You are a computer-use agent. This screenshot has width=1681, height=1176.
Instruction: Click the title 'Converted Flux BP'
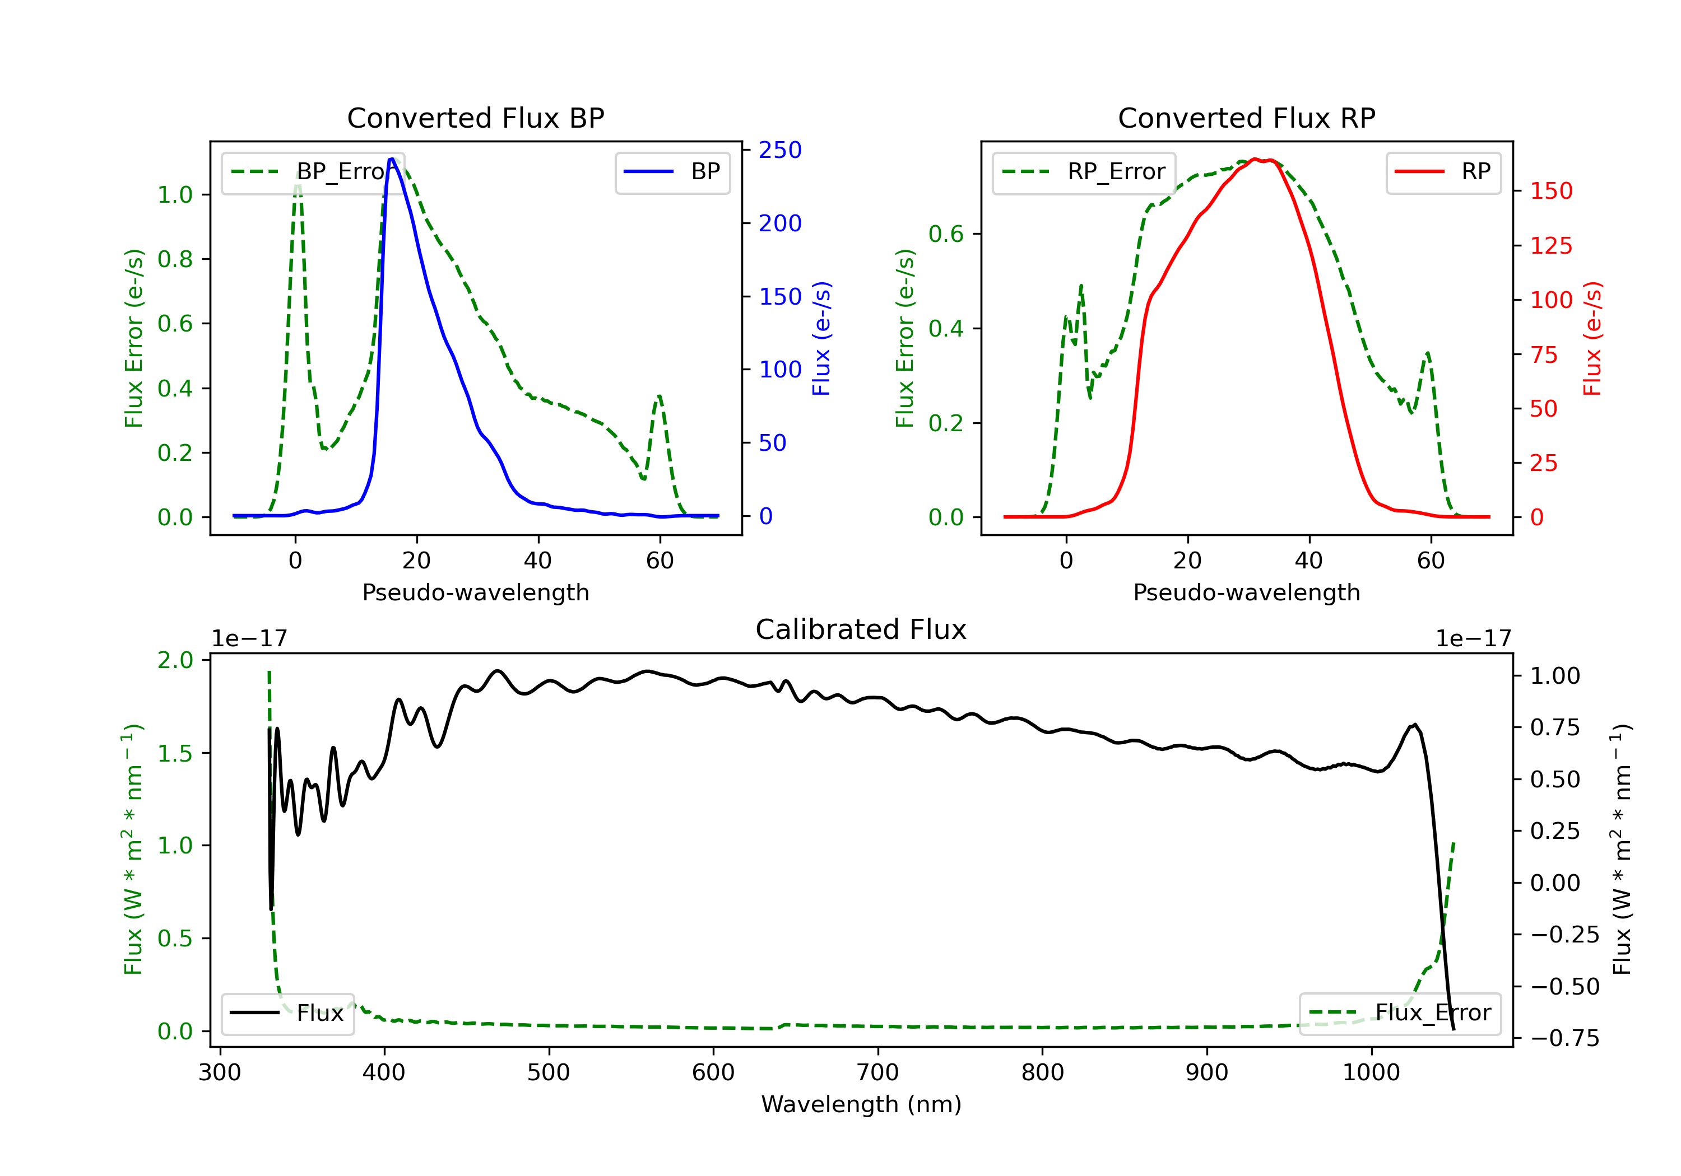tap(475, 118)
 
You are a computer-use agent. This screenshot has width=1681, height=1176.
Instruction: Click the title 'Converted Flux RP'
tap(1246, 118)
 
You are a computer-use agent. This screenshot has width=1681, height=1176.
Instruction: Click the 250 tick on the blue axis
tap(780, 150)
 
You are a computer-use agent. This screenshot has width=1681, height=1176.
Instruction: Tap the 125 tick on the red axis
tap(1550, 246)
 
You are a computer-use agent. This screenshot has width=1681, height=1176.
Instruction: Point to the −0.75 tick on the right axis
tap(1564, 1038)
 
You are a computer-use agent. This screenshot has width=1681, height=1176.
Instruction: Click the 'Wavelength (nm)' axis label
tap(861, 1104)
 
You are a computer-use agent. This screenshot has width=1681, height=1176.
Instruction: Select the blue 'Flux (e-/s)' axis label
tap(821, 338)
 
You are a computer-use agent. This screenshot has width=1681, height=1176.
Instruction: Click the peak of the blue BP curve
tap(392, 159)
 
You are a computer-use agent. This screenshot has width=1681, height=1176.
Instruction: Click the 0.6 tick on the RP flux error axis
tap(946, 234)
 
